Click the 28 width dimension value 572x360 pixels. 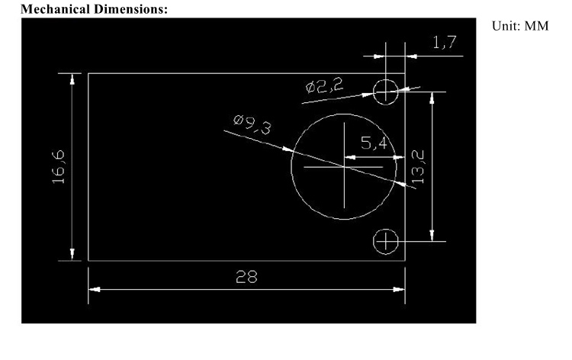coord(246,277)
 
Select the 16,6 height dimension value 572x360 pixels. coord(59,167)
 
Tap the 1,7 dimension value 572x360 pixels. coord(445,42)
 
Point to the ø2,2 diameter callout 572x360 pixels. coord(324,85)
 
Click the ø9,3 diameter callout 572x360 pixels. coord(252,124)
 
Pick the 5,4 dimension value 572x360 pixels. coord(374,143)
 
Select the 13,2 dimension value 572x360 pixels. coord(418,167)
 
